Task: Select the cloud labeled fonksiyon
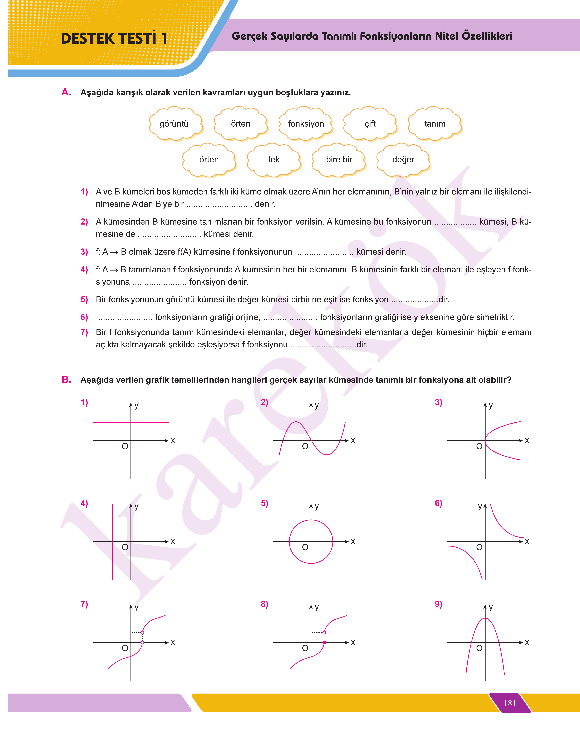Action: pyautogui.click(x=306, y=124)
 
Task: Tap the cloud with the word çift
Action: pyautogui.click(x=370, y=124)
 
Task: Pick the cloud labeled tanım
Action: pyautogui.click(x=435, y=124)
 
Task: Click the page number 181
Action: pyautogui.click(x=510, y=703)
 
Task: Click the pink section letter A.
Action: pyautogui.click(x=66, y=92)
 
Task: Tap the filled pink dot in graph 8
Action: pyautogui.click(x=324, y=642)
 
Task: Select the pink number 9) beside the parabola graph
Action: pyautogui.click(x=438, y=604)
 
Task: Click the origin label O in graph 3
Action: pyautogui.click(x=479, y=446)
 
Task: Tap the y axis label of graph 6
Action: pyautogui.click(x=480, y=506)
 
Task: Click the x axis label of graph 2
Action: pyautogui.click(x=353, y=441)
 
